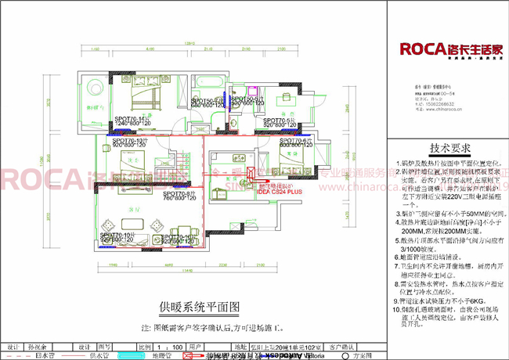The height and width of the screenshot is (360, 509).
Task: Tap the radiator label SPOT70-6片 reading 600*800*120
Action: tap(296, 144)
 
